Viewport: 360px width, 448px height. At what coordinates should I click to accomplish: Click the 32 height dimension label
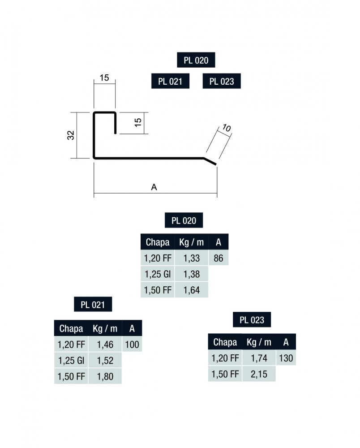pos(71,135)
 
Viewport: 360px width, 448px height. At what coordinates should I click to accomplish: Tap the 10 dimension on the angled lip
pos(226,128)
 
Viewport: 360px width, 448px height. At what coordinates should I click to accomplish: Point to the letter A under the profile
pos(154,188)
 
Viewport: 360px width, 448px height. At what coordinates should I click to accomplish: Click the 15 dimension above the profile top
pos(104,78)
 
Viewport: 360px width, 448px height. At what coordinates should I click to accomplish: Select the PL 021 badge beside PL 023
pos(170,82)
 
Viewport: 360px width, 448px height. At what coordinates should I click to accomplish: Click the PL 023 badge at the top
pos(222,82)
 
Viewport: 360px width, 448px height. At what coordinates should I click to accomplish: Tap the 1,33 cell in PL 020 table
pos(192,258)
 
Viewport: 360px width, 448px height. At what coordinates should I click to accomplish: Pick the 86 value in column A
pos(219,258)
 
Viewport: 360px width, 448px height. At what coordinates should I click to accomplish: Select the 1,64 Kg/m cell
pos(192,290)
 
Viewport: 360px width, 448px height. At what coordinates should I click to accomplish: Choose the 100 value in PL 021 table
pos(133,345)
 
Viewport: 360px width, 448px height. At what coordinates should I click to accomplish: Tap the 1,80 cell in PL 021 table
pos(105,376)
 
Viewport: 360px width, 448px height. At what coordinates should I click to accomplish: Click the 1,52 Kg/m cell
pos(105,361)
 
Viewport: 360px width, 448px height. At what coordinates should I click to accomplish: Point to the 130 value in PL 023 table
pos(286,358)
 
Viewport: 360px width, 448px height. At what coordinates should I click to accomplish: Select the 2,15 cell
pos(259,374)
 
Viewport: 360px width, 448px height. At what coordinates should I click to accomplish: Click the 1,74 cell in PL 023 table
pos(259,358)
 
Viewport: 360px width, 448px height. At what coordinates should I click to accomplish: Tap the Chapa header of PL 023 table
pos(225,342)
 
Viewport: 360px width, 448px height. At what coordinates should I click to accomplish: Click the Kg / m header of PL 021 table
pos(105,328)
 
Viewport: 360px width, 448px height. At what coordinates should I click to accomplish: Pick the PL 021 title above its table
pos(93,305)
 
